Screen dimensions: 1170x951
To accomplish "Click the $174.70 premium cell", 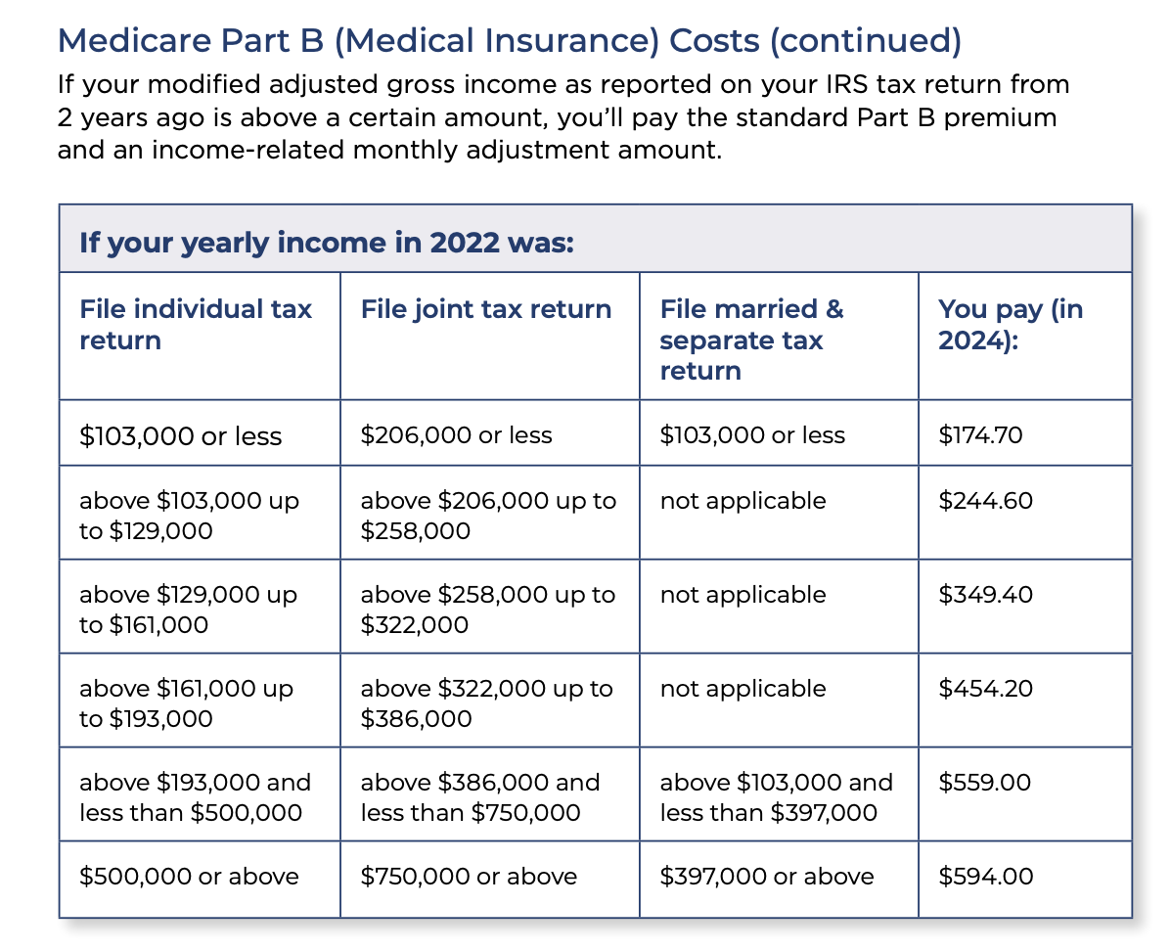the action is (980, 434).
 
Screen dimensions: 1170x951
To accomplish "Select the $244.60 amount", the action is (986, 500).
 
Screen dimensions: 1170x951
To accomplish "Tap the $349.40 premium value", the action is (986, 594).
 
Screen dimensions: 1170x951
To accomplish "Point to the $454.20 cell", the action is (986, 688).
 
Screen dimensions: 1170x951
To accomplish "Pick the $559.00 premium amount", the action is (985, 783).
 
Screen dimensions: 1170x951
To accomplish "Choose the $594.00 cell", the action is (986, 876).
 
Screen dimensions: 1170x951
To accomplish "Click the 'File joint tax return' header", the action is (486, 309).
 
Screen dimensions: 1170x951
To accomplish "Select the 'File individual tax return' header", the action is (196, 324).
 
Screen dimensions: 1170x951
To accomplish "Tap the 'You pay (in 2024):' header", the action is (1011, 324).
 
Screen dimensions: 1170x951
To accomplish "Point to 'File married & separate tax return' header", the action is (751, 340).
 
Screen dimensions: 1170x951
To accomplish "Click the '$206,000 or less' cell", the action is (457, 434).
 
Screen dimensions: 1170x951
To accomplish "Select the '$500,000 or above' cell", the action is (190, 876).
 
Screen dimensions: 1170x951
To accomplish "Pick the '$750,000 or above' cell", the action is (470, 876).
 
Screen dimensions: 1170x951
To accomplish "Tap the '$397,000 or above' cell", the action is (767, 876).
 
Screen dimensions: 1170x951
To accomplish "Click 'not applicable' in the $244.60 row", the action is (743, 501).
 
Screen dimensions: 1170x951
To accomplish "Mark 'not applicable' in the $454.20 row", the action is (743, 689).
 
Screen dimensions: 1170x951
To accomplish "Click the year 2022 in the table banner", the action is (464, 243).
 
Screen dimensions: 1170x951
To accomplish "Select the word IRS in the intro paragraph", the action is (846, 84).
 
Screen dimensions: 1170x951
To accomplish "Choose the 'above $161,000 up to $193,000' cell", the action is (187, 703).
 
